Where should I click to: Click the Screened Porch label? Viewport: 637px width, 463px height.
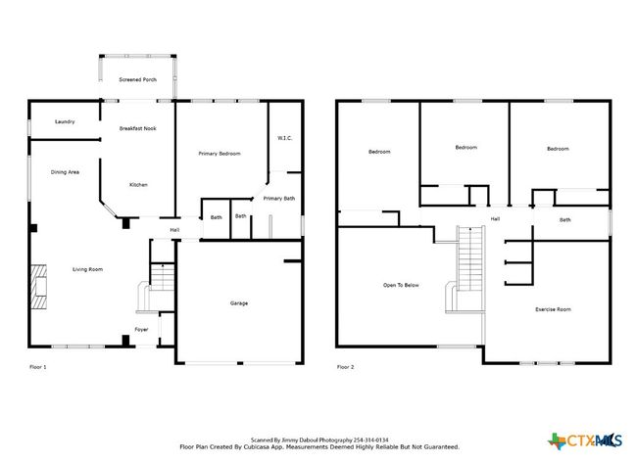[138, 79]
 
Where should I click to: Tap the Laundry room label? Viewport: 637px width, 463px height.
[65, 121]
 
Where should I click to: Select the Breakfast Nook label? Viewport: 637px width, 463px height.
[138, 128]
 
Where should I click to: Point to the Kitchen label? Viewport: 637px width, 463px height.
[138, 185]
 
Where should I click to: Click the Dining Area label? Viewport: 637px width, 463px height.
[65, 172]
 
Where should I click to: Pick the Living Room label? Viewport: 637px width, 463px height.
[88, 269]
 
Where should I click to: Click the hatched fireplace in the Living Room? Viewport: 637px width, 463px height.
[39, 287]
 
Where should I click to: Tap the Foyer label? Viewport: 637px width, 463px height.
[141, 330]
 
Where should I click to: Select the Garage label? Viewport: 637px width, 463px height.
[239, 303]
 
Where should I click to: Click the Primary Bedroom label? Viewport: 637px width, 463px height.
[220, 154]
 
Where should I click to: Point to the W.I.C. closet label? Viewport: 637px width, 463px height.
[285, 138]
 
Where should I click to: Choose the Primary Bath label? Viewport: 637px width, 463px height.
[279, 199]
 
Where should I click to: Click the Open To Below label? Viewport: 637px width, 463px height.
[401, 285]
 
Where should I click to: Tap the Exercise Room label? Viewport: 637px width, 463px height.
[553, 309]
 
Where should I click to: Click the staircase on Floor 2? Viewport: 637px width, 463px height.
[470, 258]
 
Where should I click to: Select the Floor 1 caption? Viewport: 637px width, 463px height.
[38, 367]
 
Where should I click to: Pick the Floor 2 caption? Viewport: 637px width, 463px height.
[345, 367]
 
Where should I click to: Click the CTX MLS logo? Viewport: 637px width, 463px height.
[585, 440]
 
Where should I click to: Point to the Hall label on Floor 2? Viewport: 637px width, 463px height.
[495, 218]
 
